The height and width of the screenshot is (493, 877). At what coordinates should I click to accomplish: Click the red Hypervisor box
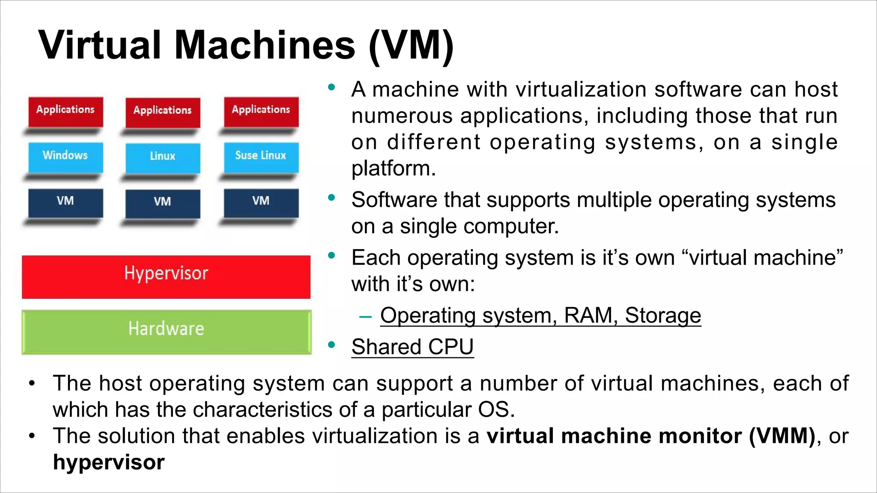click(166, 277)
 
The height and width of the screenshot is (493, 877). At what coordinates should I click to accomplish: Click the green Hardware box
click(166, 332)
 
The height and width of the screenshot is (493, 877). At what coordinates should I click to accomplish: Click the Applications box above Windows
click(66, 111)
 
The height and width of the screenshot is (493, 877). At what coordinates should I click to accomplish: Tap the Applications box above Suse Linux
click(261, 111)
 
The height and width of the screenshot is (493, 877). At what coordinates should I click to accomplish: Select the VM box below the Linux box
click(163, 203)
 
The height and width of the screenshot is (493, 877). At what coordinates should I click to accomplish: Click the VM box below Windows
click(66, 202)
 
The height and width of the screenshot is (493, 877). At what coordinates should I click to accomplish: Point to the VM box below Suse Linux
click(261, 202)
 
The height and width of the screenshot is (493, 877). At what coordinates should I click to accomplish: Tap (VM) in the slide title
click(411, 46)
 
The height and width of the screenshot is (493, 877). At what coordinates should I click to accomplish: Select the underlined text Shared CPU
click(412, 347)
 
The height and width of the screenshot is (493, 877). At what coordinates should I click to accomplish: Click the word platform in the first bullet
click(393, 168)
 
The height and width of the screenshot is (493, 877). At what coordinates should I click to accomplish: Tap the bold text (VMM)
click(782, 436)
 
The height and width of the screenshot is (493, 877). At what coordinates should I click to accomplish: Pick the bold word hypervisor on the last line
click(109, 463)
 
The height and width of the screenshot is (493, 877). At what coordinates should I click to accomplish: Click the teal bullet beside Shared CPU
click(331, 345)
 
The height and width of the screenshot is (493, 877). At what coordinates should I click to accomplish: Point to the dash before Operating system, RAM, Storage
click(365, 317)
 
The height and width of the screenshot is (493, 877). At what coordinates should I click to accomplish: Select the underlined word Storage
click(663, 315)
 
